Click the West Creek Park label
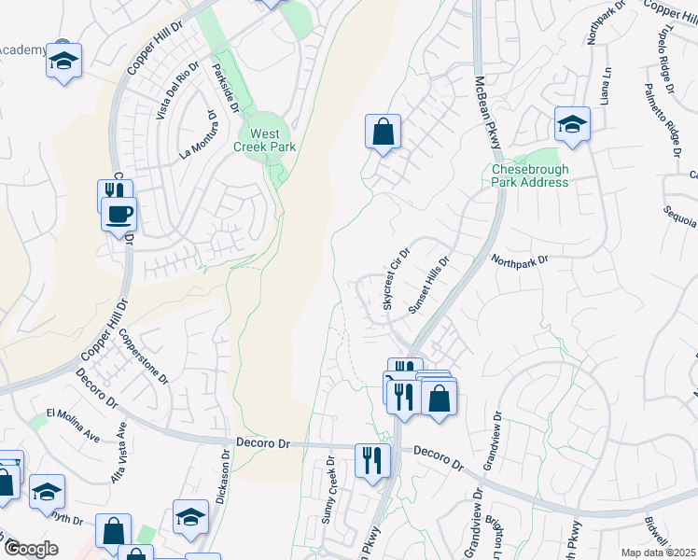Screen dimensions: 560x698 265,141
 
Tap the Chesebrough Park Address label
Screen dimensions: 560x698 530,175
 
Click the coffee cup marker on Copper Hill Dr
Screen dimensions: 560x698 119,214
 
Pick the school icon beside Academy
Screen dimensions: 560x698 63,62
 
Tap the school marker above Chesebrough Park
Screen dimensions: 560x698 572,123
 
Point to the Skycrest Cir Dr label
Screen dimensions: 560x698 397,279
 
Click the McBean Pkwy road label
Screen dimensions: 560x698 488,111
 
